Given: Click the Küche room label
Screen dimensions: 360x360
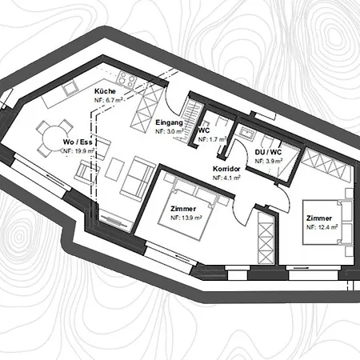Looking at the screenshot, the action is click(x=105, y=91).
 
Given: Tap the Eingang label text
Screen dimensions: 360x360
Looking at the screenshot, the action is click(x=169, y=122).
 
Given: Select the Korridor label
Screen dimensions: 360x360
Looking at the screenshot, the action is click(x=226, y=169).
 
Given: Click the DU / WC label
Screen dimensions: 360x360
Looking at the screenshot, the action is click(x=268, y=152).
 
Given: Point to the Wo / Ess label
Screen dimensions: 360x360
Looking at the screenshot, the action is click(x=78, y=142).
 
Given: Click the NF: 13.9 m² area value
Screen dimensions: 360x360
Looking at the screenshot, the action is click(x=186, y=218).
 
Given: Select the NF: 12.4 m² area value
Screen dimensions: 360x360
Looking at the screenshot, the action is click(x=322, y=227).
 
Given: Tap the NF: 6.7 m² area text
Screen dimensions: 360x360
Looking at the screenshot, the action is click(x=109, y=100).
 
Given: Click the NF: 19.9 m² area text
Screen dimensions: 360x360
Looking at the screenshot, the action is click(x=78, y=151).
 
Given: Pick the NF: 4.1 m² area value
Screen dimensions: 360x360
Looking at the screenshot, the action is click(x=226, y=178).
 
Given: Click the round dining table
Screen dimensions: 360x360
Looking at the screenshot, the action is click(x=54, y=138).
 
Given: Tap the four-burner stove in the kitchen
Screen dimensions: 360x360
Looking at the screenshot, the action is click(x=126, y=79).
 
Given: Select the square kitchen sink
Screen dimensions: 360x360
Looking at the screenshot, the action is click(x=70, y=88).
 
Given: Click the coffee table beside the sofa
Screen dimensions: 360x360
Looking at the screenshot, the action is click(x=114, y=169).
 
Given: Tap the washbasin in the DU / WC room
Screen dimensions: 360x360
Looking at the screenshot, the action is click(x=246, y=132).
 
